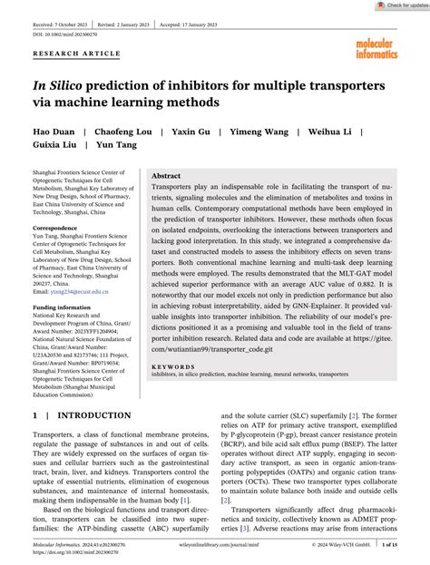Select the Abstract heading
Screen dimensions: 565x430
(166, 175)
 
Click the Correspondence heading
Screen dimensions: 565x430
(55, 229)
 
